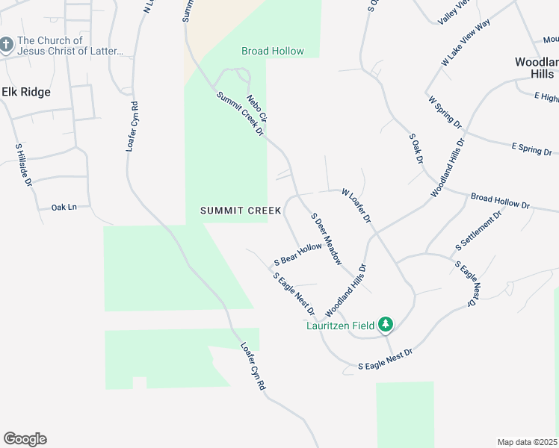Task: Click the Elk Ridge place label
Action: point(26,92)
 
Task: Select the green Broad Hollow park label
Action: point(272,51)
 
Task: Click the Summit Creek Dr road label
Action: point(241,114)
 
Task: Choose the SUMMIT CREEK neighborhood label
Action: point(241,211)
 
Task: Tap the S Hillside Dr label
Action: point(24,164)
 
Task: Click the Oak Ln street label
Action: point(64,207)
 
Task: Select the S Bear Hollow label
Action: point(298,255)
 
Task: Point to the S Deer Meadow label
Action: point(327,239)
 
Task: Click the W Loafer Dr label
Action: point(356,206)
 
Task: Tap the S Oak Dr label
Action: point(416,149)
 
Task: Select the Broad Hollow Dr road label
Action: point(499,201)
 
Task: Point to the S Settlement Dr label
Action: point(478,231)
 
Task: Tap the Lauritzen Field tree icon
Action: point(386,324)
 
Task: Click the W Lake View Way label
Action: point(466,44)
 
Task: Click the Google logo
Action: point(25,439)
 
